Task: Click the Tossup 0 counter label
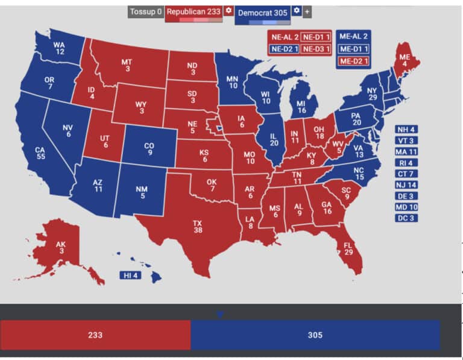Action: (x=145, y=11)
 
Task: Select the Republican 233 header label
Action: (x=193, y=11)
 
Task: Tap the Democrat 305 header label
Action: (x=262, y=11)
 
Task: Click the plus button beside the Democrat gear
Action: (x=307, y=11)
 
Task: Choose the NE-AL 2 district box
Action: (x=284, y=37)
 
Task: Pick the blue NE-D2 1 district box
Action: (x=284, y=49)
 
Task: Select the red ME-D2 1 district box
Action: (x=354, y=62)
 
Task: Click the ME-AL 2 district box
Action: (x=354, y=37)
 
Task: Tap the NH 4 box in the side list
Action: (x=406, y=130)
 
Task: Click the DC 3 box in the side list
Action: (x=406, y=218)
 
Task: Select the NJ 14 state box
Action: (x=406, y=185)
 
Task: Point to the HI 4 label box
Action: (x=131, y=276)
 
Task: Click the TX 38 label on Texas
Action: (x=197, y=227)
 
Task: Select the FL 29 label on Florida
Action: (x=348, y=248)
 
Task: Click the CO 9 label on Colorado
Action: (x=149, y=149)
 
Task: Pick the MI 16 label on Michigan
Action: (x=301, y=107)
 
